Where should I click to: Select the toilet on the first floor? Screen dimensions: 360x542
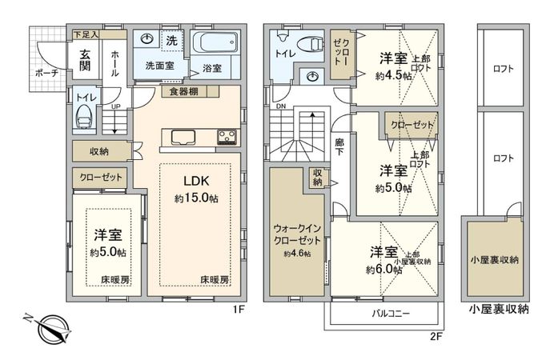click(83, 118)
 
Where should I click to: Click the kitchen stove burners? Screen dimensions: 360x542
click(227, 136)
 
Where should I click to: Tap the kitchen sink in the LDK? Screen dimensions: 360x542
click(179, 136)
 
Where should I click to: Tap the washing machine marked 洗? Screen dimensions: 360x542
click(171, 40)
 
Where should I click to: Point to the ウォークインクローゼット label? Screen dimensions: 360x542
click(295, 233)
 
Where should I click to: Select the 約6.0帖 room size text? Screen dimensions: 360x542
click(384, 270)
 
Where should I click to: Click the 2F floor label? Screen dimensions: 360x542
click(435, 337)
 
